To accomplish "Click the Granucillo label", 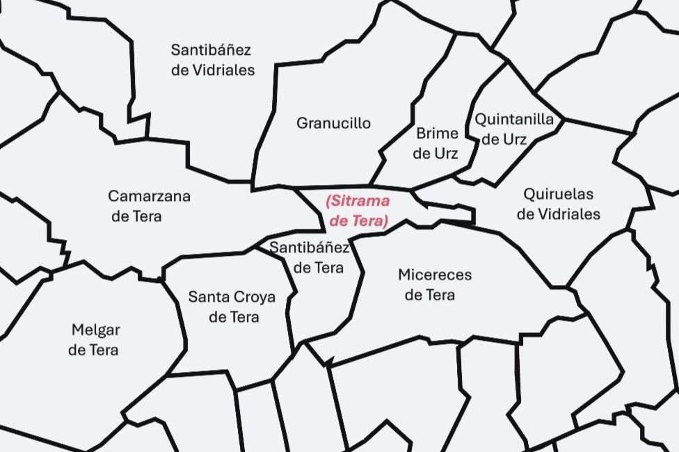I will click(333, 123).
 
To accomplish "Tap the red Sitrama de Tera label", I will click(358, 211).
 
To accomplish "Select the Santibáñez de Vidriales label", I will click(212, 60).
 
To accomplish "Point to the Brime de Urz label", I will click(436, 143).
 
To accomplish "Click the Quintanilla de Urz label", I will click(514, 129).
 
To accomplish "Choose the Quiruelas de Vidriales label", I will click(558, 204).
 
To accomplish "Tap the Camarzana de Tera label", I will click(148, 206).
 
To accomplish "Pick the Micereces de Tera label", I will click(434, 284).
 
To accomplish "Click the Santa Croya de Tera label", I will click(232, 307).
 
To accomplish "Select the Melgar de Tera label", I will click(95, 339).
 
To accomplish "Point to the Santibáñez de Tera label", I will click(310, 257).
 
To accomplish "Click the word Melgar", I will click(96, 330).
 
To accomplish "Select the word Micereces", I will click(435, 275).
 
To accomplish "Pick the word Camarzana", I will click(149, 196).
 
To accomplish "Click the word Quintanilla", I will click(514, 119).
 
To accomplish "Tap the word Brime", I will click(437, 133).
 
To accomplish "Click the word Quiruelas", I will click(558, 194).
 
